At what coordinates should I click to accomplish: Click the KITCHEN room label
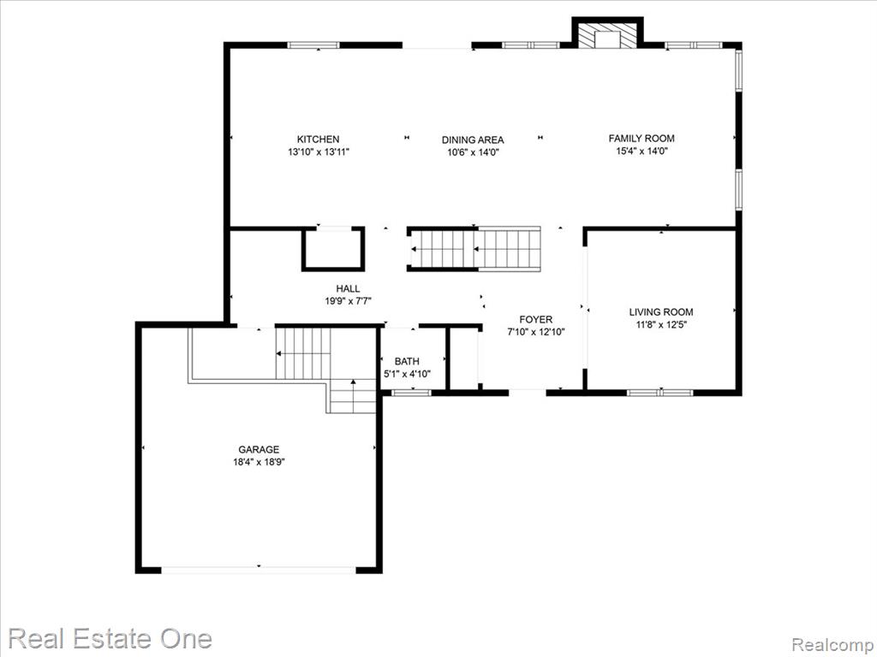(x=318, y=139)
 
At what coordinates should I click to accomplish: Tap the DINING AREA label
(x=473, y=140)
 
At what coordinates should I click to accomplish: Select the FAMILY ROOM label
(x=641, y=139)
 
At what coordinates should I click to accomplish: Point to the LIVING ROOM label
(x=661, y=312)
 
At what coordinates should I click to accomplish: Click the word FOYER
(x=536, y=320)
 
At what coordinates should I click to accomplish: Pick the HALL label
(x=348, y=289)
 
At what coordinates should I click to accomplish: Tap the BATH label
(x=407, y=362)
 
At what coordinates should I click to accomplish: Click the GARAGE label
(x=259, y=450)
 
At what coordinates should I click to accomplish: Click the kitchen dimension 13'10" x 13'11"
(x=319, y=151)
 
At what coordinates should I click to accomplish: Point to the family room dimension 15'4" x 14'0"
(x=642, y=151)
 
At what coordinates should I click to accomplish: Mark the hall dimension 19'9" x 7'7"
(x=349, y=301)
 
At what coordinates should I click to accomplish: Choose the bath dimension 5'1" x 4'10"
(x=407, y=374)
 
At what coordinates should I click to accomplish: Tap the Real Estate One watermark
(x=110, y=638)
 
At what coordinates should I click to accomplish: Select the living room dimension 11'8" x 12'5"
(x=661, y=324)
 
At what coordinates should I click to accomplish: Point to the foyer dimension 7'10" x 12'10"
(x=536, y=332)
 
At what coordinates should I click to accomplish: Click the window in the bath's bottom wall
(x=411, y=393)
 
